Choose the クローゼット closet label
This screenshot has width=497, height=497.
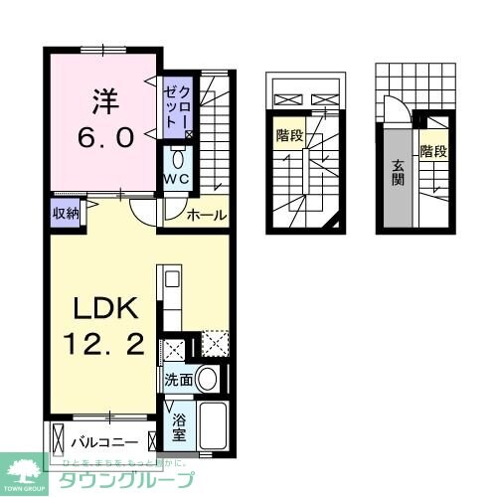point(179,106)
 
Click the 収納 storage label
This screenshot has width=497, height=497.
point(65,211)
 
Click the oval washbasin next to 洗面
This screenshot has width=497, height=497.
point(207,378)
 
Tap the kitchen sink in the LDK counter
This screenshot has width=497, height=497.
point(168,278)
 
